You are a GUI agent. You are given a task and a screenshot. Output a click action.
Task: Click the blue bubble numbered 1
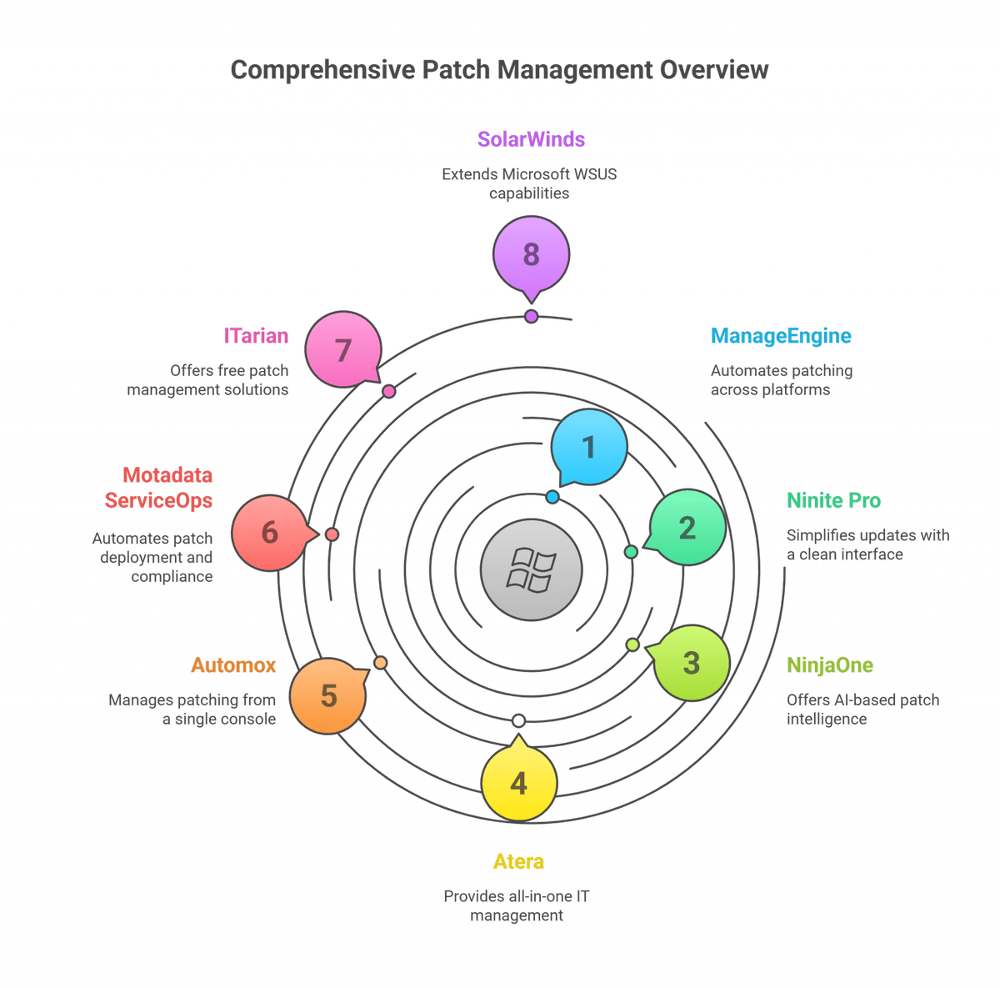tap(588, 447)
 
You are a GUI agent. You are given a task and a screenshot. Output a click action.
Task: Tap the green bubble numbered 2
tap(686, 527)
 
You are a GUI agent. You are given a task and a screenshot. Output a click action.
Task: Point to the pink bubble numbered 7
tap(343, 349)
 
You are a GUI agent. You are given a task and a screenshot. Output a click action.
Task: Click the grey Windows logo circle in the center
tap(531, 569)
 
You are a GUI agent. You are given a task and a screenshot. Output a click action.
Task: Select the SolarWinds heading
tap(531, 139)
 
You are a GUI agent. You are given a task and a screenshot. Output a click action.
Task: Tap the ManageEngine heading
tap(781, 336)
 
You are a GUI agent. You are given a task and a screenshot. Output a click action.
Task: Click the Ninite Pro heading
tap(833, 500)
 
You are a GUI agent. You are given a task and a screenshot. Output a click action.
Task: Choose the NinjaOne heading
tap(830, 665)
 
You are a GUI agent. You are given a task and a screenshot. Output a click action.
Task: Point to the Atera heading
tap(518, 861)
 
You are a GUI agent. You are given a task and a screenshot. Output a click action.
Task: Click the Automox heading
tap(233, 665)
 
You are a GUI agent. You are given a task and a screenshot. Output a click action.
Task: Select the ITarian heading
tap(256, 335)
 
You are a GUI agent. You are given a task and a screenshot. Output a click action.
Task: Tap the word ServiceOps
tap(159, 501)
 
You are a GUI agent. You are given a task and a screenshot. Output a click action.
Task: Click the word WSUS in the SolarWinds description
tap(597, 174)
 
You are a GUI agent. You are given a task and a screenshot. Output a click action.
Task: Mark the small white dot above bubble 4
tap(518, 720)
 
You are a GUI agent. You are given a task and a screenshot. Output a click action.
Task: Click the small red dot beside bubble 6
tap(332, 534)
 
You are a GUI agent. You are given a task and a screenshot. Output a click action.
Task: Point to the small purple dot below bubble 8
tap(531, 316)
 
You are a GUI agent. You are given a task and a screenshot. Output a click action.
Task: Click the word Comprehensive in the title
tap(322, 70)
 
